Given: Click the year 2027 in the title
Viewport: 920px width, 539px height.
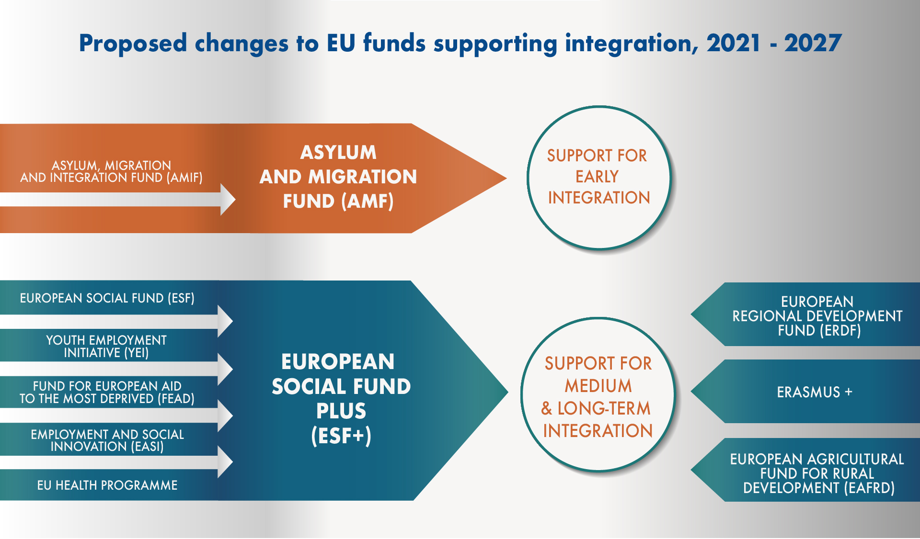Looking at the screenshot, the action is pyautogui.click(x=813, y=43).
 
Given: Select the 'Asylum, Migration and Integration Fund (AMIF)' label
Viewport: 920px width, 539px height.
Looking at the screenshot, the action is pyautogui.click(x=111, y=171).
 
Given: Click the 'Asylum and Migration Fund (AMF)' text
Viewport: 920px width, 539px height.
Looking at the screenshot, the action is pyautogui.click(x=338, y=177).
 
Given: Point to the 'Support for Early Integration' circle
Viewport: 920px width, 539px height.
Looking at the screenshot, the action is pyautogui.click(x=599, y=178).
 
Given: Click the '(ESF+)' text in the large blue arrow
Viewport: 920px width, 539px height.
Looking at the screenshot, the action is pyautogui.click(x=341, y=436).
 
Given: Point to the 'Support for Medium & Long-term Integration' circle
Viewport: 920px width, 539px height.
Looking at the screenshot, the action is pyautogui.click(x=598, y=394).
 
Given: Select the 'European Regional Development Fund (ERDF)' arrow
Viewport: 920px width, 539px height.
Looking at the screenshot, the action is pyautogui.click(x=805, y=314).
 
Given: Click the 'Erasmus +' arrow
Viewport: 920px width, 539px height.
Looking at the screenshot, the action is pyautogui.click(x=805, y=392).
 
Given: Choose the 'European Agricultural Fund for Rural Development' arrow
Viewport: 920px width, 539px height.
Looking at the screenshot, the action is pyautogui.click(x=805, y=470).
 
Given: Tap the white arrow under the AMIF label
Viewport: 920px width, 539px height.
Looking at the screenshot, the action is pyautogui.click(x=117, y=199).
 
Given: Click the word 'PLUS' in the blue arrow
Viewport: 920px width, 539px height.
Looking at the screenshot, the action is pyautogui.click(x=341, y=411).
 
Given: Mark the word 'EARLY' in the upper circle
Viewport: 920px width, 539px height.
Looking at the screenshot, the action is pyautogui.click(x=597, y=177).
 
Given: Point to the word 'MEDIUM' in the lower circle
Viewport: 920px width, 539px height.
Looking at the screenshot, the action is pyautogui.click(x=598, y=386).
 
